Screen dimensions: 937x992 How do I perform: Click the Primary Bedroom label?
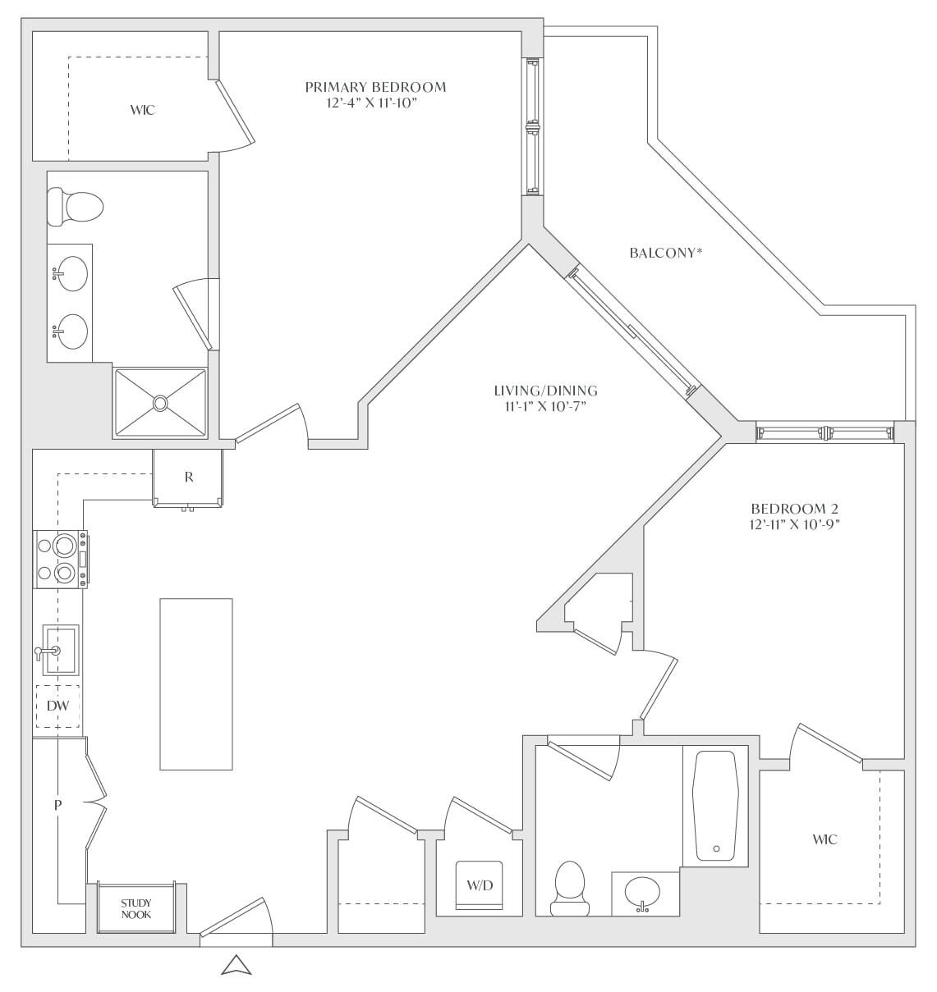375,88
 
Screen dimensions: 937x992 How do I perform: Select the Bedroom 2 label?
794,509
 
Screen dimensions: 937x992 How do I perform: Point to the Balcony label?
666,253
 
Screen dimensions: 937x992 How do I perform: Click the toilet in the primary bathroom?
75,207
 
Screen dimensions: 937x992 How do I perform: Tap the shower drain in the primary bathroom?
160,403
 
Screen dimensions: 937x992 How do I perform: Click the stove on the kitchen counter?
61,559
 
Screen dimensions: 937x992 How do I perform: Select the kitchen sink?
60,649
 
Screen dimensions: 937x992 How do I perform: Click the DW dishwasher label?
57,706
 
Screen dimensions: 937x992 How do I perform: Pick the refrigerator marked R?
188,478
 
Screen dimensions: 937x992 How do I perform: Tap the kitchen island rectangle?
196,683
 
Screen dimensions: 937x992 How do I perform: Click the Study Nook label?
136,909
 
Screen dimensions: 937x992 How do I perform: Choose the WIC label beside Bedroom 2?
824,839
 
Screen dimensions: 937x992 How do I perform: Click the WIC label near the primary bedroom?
143,110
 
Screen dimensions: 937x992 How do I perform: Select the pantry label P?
58,805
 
